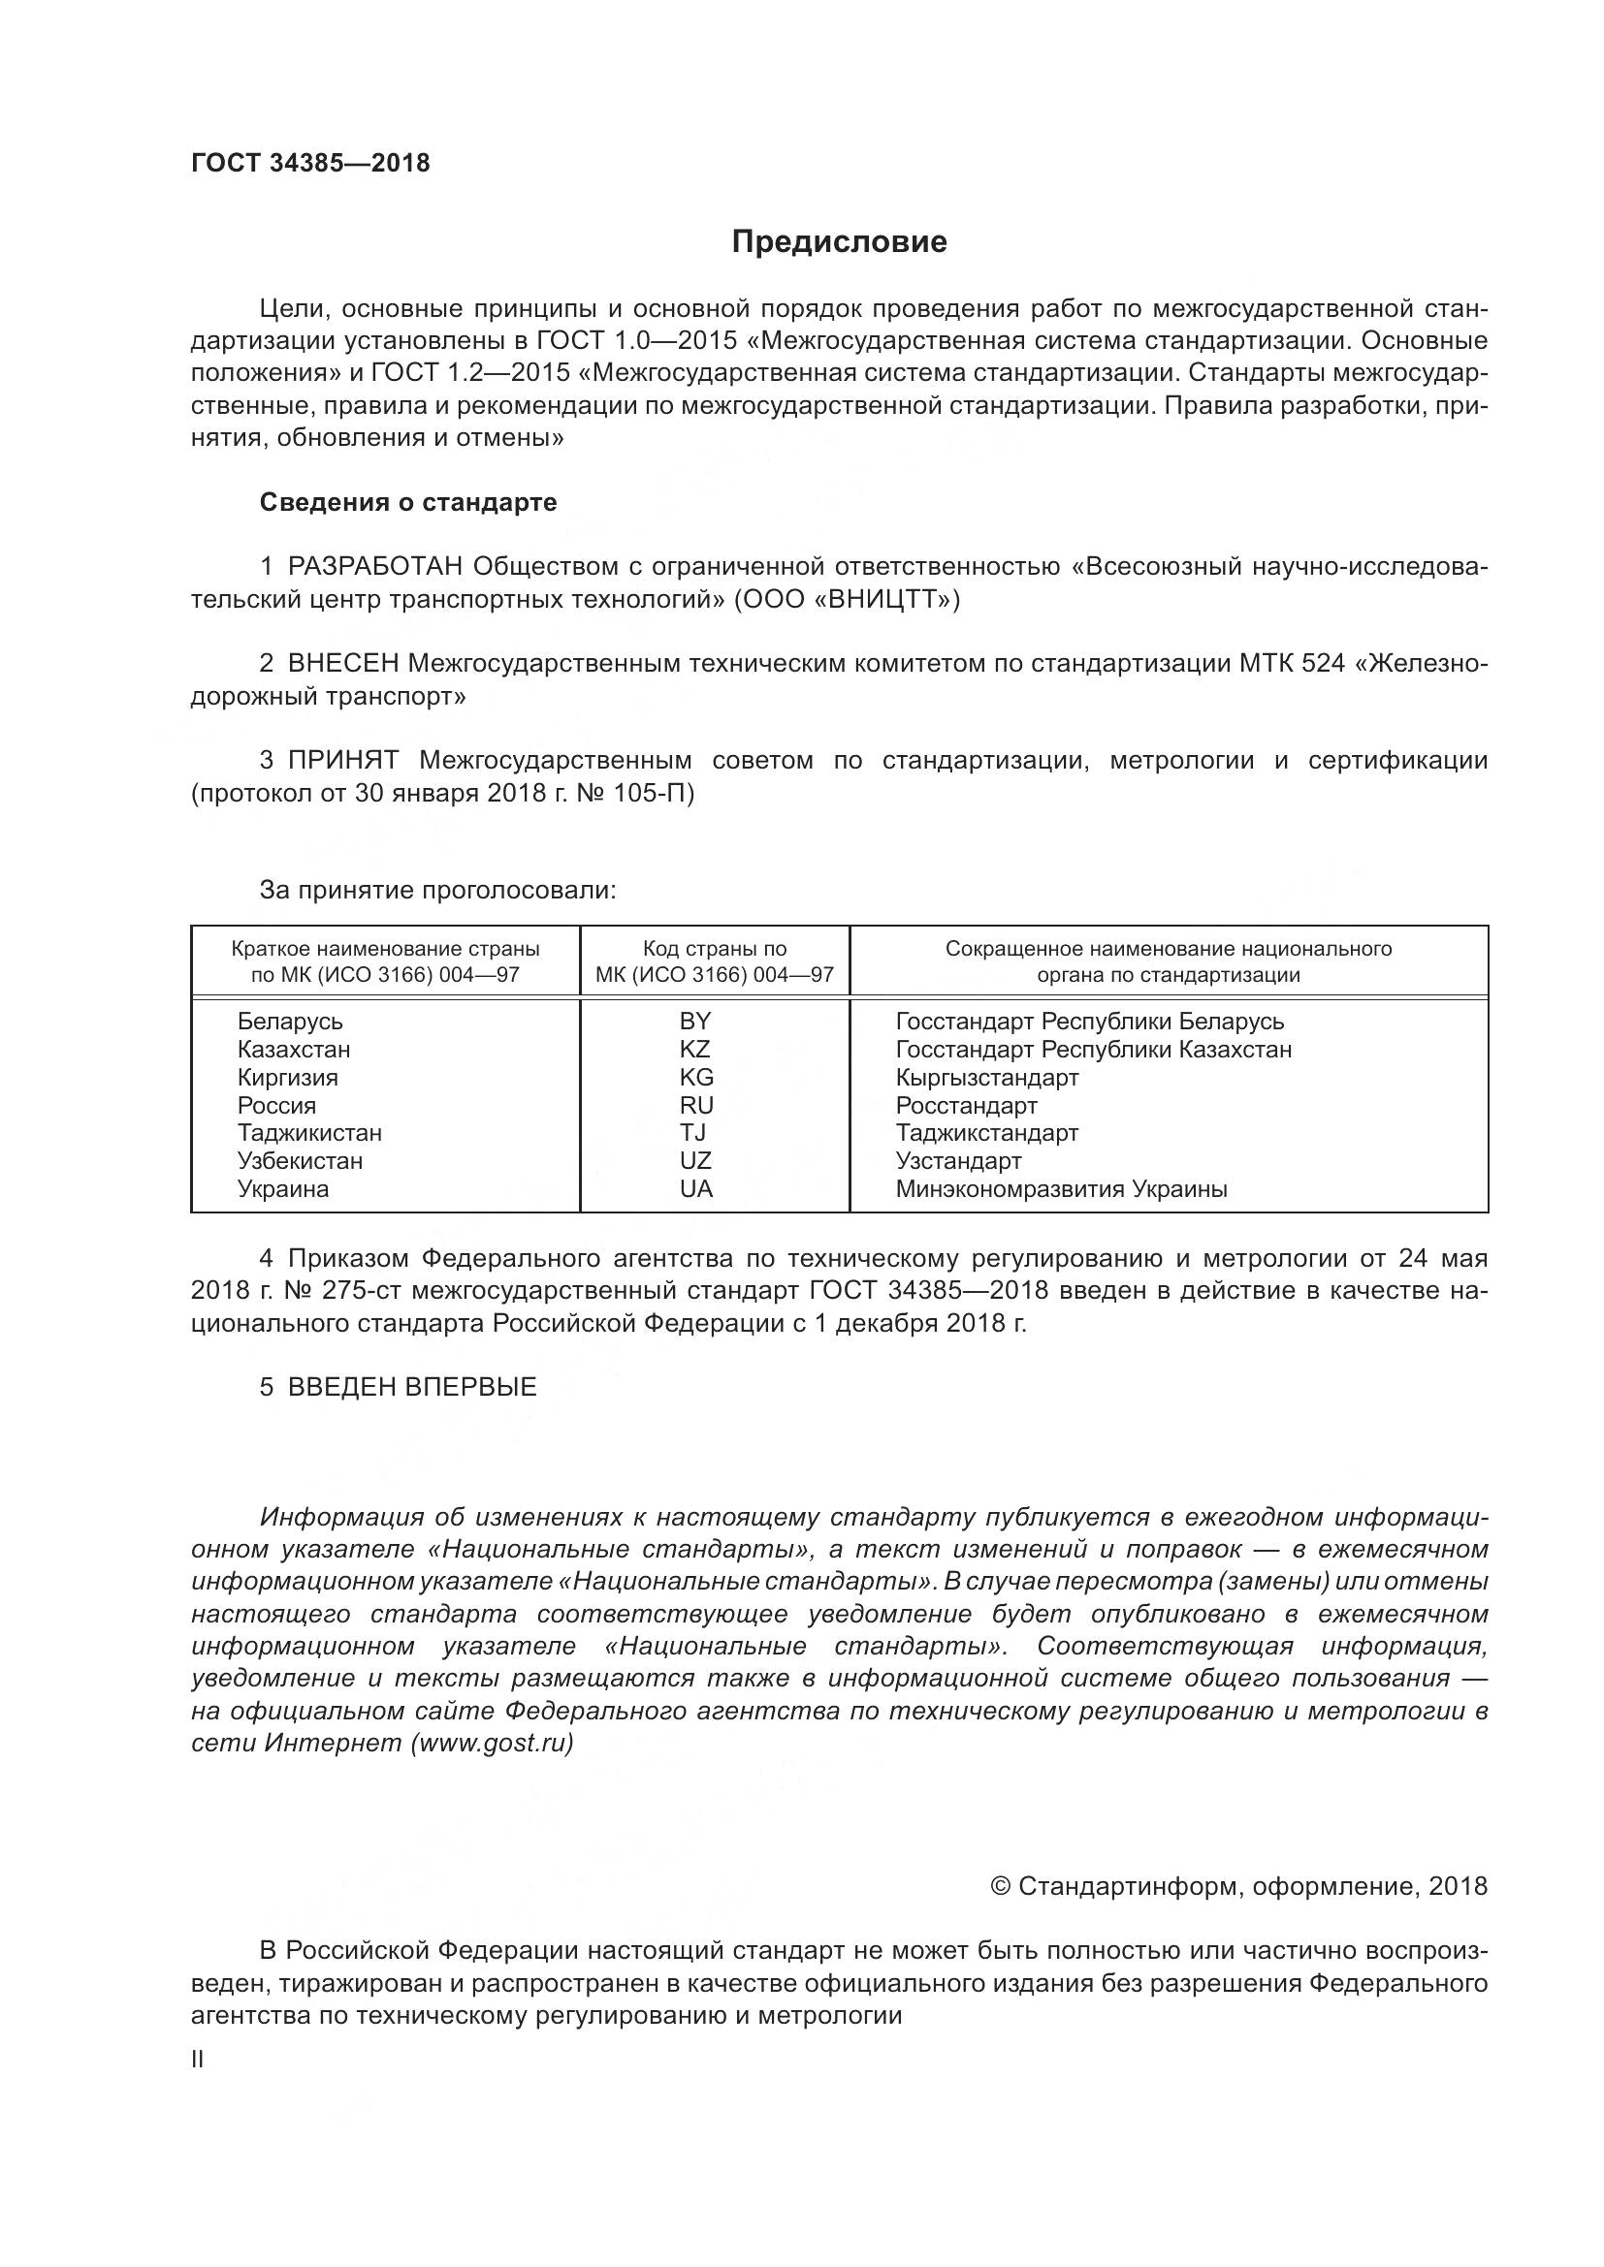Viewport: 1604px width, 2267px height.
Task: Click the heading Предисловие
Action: click(x=839, y=243)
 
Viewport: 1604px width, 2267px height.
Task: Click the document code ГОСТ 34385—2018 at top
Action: click(x=310, y=164)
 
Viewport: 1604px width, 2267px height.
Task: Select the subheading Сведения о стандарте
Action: click(x=408, y=503)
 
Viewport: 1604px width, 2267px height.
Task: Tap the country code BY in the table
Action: click(x=695, y=1021)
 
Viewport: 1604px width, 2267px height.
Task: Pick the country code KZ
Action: click(x=695, y=1049)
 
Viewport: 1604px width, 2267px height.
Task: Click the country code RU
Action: click(x=696, y=1105)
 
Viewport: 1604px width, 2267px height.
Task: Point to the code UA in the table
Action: click(x=696, y=1189)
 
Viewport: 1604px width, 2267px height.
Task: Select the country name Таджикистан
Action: click(x=309, y=1132)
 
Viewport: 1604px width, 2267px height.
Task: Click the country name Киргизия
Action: click(x=287, y=1077)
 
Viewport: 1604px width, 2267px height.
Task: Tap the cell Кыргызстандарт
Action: click(x=986, y=1077)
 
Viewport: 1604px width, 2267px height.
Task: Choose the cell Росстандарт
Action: click(x=966, y=1105)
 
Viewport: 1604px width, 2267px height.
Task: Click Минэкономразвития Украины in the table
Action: click(x=1061, y=1189)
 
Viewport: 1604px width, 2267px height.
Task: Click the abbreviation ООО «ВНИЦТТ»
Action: click(x=847, y=600)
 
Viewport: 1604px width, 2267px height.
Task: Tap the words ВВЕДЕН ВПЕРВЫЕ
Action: click(x=412, y=1387)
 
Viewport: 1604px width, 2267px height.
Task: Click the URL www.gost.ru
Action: click(x=492, y=1743)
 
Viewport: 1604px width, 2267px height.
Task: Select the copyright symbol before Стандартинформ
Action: click(x=1000, y=1887)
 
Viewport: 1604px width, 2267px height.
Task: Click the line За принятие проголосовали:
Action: click(x=437, y=891)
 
